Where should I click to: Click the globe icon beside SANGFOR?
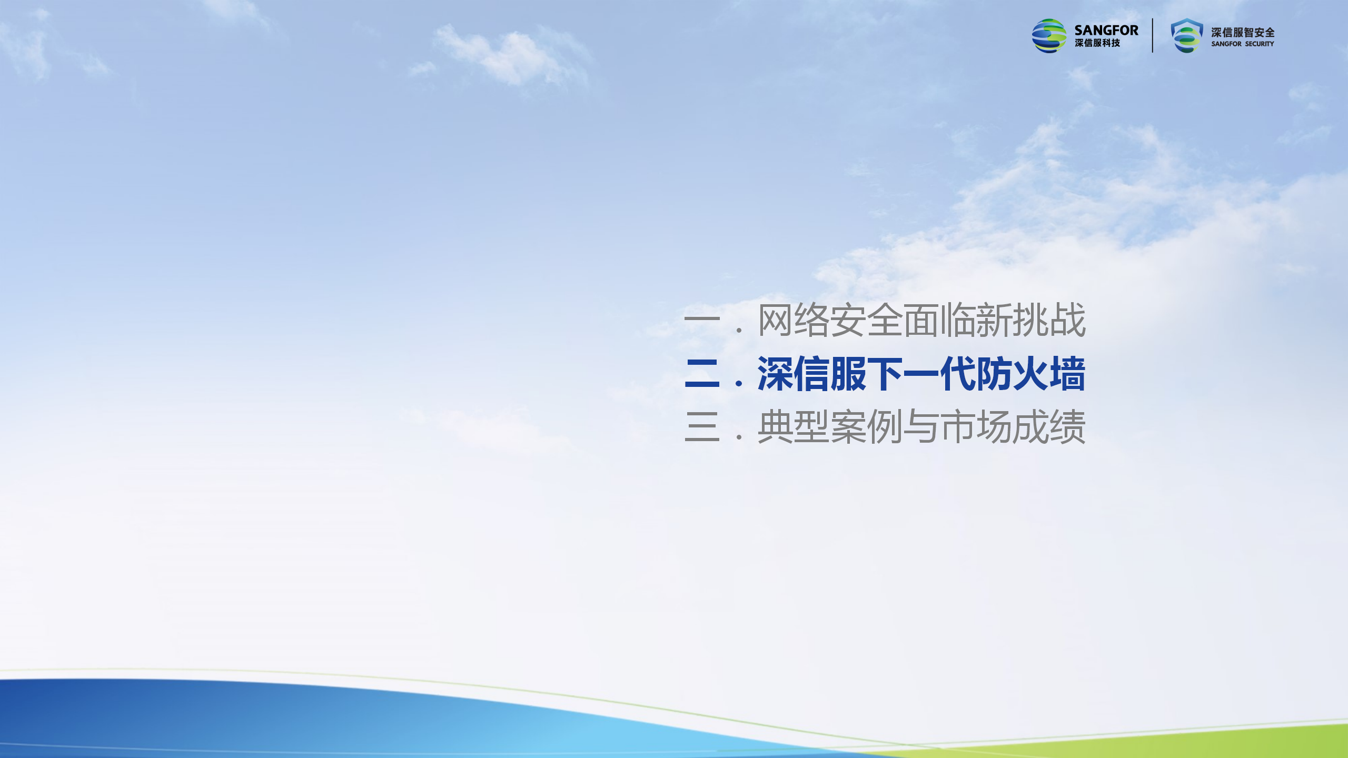pyautogui.click(x=1049, y=36)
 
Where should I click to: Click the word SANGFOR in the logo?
pyautogui.click(x=1106, y=31)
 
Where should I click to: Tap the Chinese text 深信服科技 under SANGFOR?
pyautogui.click(x=1097, y=43)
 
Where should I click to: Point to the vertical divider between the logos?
pyautogui.click(x=1153, y=36)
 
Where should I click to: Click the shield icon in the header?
pyautogui.click(x=1187, y=36)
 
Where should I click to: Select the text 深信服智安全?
pyautogui.click(x=1243, y=33)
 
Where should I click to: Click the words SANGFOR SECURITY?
pyautogui.click(x=1243, y=44)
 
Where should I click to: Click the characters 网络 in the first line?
pyautogui.click(x=794, y=320)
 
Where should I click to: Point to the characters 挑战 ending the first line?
pyautogui.click(x=1049, y=320)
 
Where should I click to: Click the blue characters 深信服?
pyautogui.click(x=812, y=374)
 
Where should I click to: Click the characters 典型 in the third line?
pyautogui.click(x=794, y=426)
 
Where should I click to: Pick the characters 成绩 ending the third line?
pyautogui.click(x=1049, y=426)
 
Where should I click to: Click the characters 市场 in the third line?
pyautogui.click(x=976, y=426)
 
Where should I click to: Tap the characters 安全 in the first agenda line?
pyautogui.click(x=867, y=320)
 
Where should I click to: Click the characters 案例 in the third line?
pyautogui.click(x=867, y=426)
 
